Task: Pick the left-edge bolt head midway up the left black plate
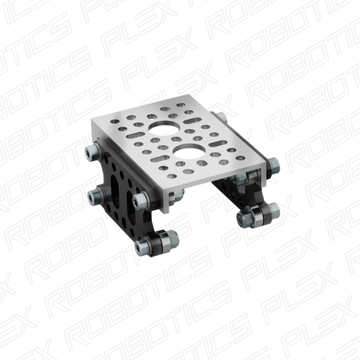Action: point(95,196)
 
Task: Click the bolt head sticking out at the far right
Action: point(276,163)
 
